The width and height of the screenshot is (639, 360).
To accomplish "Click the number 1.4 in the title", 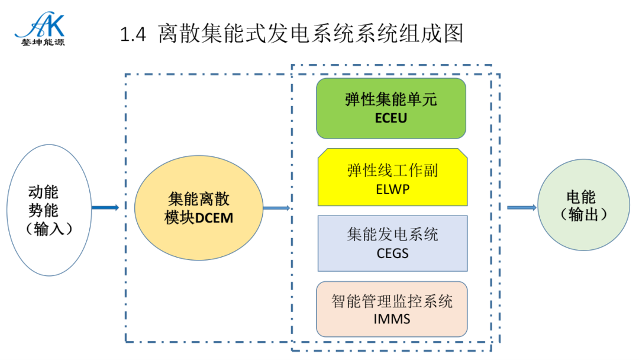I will [x=133, y=34].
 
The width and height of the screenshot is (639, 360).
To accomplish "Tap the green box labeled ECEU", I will [x=391, y=108].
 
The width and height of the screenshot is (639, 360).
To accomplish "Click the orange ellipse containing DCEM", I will [x=199, y=208].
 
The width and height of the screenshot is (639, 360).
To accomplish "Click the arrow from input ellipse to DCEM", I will [x=105, y=207].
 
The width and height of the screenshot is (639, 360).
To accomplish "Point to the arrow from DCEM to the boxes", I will [x=276, y=208].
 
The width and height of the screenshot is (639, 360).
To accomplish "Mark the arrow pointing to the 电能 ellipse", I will [x=522, y=207].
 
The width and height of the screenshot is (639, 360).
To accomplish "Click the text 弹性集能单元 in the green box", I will [x=391, y=99].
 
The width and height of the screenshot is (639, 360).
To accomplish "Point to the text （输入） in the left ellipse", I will [x=50, y=229].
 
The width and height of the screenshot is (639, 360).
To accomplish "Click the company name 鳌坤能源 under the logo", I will [x=40, y=43].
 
